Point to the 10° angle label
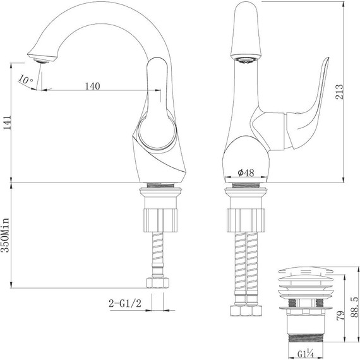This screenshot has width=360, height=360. tap(25, 81)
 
